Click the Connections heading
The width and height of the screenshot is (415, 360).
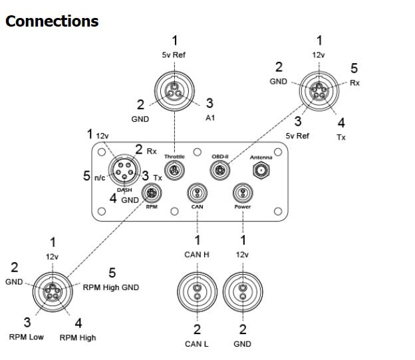52,21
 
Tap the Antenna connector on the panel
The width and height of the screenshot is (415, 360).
260,171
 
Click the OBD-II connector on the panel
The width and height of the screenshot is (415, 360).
220,171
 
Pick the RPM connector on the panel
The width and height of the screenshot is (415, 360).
152,193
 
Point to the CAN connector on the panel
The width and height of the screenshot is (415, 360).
197,194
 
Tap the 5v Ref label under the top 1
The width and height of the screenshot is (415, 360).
174,56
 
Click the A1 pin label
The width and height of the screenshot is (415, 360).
209,118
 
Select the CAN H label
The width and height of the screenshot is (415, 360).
197,255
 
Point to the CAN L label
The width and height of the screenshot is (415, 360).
197,344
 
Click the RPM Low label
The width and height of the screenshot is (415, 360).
27,337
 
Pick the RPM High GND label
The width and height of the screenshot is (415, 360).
111,287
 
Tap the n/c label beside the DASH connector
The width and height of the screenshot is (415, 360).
98,177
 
